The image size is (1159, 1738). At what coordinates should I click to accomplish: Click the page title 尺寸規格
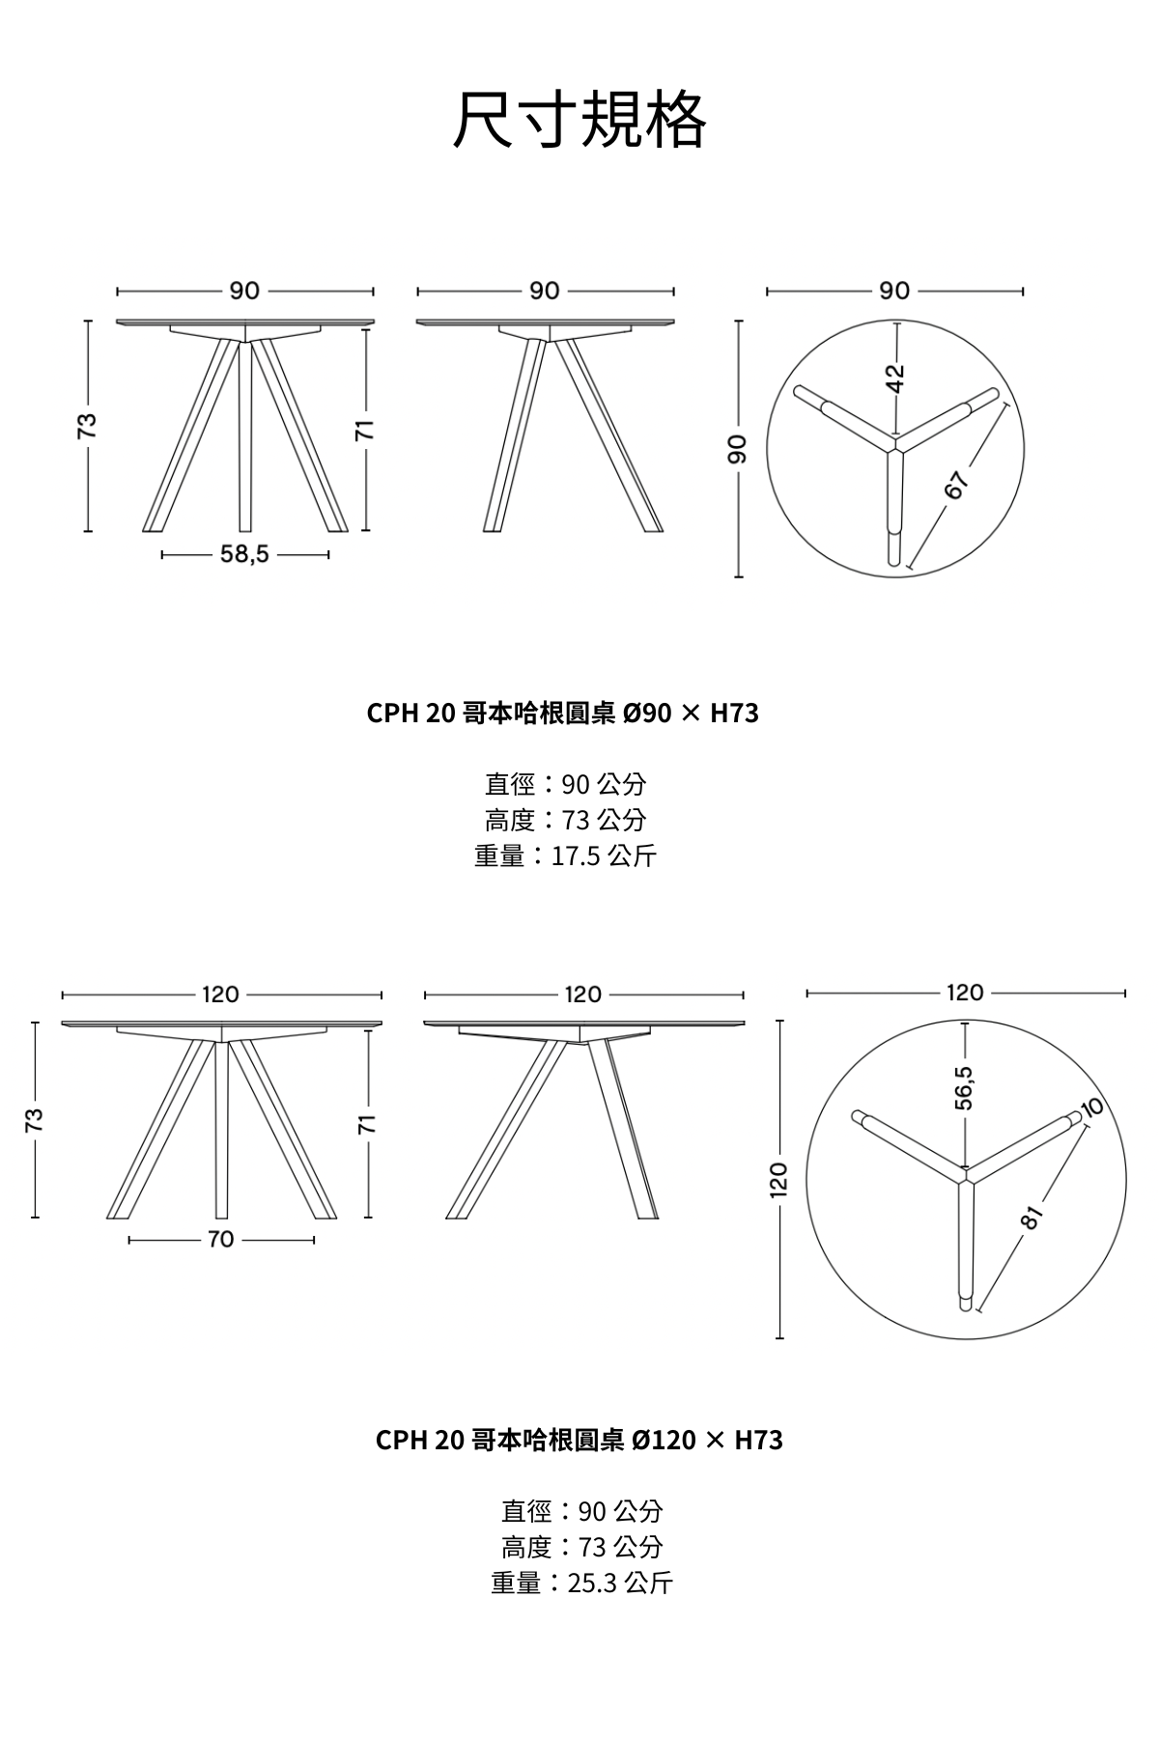pos(579,121)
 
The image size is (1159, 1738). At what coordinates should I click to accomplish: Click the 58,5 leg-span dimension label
pos(245,554)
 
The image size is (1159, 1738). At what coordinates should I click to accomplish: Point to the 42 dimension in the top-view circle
pos(896,378)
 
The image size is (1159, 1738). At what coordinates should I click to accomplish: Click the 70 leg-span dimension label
pos(221,1239)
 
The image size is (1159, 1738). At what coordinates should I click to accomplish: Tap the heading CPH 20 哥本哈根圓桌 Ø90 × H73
pos(563,714)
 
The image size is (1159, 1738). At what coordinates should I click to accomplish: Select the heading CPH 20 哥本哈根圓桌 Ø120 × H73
pos(579,1441)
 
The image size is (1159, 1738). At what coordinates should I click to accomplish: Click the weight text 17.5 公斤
pos(604,855)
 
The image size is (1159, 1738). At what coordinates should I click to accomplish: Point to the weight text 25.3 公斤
pos(620,1583)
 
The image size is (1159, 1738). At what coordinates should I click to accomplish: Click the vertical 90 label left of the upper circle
pos(738,449)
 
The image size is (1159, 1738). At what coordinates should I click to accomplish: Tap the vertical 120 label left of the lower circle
pos(779,1179)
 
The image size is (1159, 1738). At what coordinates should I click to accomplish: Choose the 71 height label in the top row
pos(365,431)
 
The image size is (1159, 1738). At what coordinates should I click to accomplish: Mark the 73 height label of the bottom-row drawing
pos(35,1119)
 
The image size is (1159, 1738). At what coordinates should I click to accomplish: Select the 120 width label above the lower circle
pos(965,993)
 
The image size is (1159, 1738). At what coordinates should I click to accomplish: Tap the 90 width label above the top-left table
pos(244,291)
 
